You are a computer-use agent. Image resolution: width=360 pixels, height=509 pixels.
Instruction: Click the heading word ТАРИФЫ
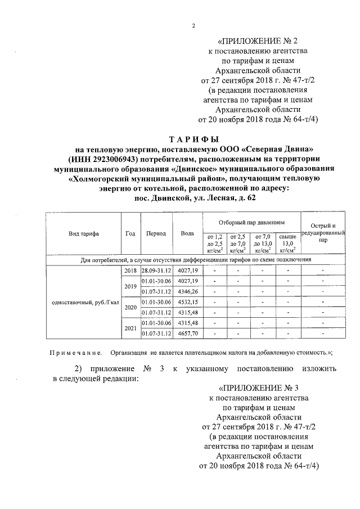[x=194, y=139]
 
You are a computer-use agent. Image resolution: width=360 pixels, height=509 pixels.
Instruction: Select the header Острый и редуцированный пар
[x=323, y=232]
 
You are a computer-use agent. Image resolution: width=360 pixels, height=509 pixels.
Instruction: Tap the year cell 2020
[x=130, y=308]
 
